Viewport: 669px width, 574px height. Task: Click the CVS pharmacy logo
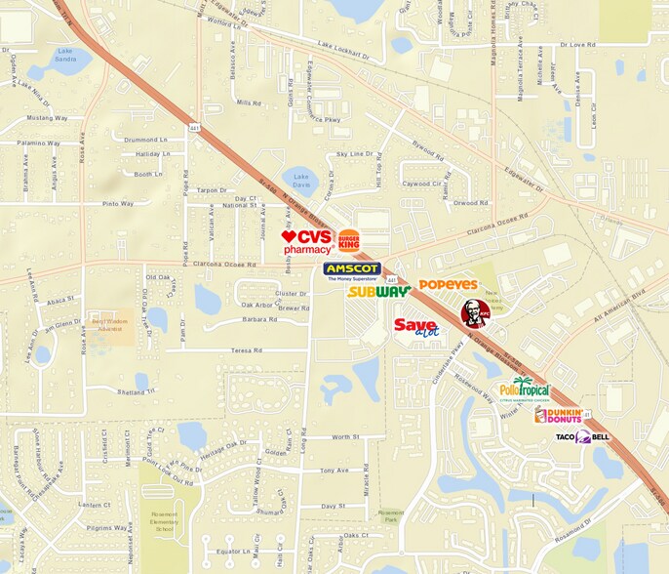coord(307,242)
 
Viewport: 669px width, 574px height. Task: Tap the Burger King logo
coord(349,240)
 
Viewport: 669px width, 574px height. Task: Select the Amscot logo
coord(352,270)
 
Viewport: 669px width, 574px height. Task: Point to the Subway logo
coord(378,291)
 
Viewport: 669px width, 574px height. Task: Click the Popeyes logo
coord(448,285)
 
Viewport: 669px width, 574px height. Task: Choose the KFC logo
coord(476,313)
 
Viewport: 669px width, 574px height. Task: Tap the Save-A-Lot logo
coord(416,327)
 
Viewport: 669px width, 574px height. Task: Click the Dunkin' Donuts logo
coord(559,416)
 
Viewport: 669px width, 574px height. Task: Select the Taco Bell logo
coord(582,436)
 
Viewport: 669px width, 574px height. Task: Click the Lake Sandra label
coord(65,53)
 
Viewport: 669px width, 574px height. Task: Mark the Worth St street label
coord(345,437)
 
